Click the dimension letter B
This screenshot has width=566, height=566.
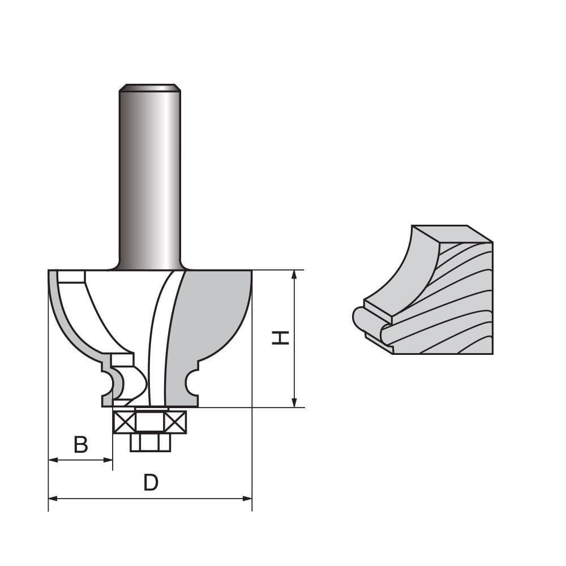81,445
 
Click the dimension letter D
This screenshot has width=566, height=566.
151,483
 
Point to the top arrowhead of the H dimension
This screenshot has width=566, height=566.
294,275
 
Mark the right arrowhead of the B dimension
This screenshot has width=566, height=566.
109,460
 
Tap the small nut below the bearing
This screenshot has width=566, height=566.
150,442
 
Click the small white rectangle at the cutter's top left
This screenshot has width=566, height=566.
71,277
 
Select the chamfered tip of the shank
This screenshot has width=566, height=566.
149,88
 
